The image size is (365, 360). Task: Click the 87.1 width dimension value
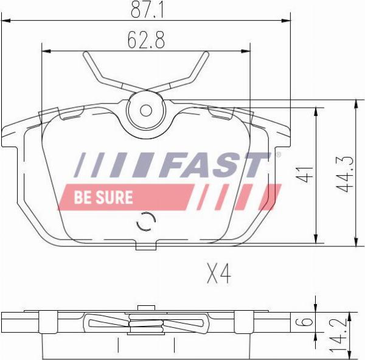(x=145, y=9)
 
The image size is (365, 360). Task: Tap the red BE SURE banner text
(x=103, y=197)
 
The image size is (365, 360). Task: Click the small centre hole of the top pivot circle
(x=146, y=111)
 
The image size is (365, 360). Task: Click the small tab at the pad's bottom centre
(x=146, y=246)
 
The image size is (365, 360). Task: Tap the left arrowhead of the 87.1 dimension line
(x=5, y=21)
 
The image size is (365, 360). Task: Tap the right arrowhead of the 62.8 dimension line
(x=248, y=51)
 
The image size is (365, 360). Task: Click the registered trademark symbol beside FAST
(x=279, y=155)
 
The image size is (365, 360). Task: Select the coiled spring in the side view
(x=146, y=323)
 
